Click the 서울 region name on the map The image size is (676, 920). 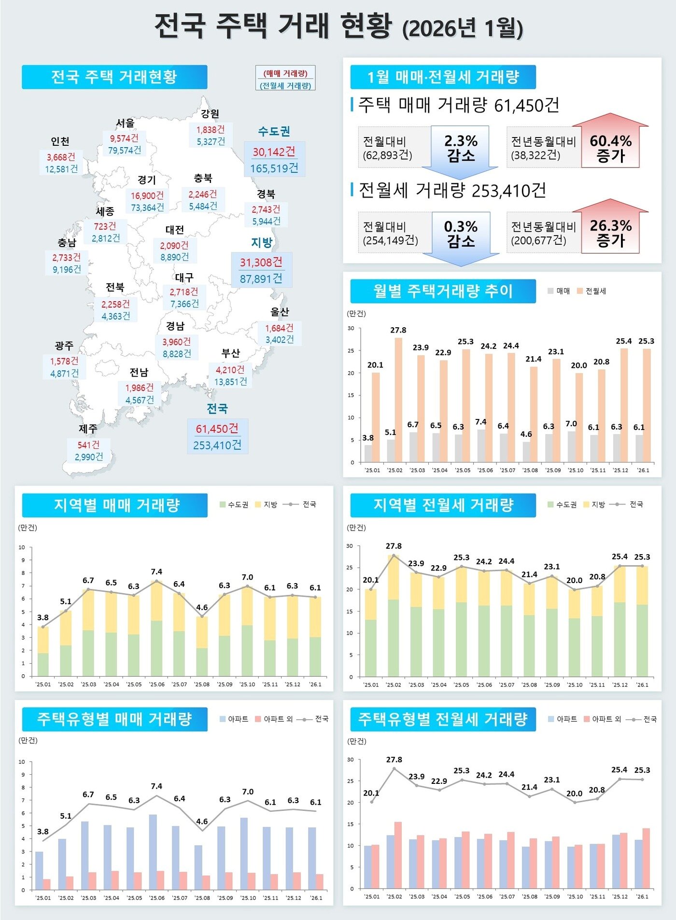[x=125, y=123]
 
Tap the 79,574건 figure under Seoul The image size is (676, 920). [x=125, y=150]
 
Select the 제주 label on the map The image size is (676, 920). [x=88, y=429]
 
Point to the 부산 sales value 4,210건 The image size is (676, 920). [x=230, y=370]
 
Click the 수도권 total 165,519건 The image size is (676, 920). [x=274, y=168]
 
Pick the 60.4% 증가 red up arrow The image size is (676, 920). [x=610, y=145]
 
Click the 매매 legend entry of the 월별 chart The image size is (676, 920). [x=559, y=291]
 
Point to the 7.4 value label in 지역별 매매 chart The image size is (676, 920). [x=156, y=572]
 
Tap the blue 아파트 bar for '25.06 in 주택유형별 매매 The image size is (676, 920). [x=153, y=852]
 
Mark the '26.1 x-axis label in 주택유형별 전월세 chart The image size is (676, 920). [x=642, y=896]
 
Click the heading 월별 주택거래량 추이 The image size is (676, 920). [x=443, y=291]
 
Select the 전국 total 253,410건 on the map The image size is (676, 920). [x=217, y=445]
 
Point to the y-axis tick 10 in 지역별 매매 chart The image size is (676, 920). [x=22, y=547]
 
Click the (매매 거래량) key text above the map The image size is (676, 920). [x=285, y=73]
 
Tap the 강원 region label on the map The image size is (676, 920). [x=210, y=114]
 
